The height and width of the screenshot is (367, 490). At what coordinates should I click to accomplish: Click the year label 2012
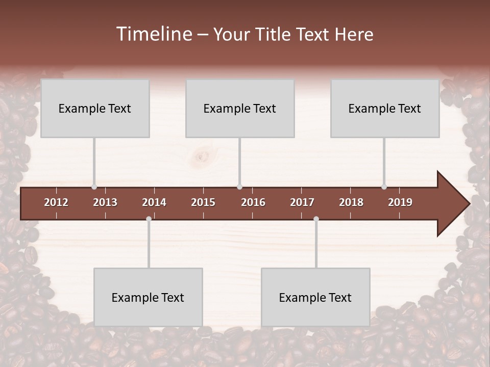(x=56, y=202)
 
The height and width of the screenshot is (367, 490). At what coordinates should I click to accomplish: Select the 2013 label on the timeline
(x=105, y=202)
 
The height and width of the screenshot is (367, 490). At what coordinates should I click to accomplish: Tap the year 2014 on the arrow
(x=154, y=202)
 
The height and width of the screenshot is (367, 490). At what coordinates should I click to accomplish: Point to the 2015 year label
(x=203, y=202)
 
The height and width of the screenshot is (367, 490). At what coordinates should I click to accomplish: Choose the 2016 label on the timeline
(x=253, y=202)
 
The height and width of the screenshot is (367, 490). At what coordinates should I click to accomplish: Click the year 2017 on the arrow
(x=302, y=202)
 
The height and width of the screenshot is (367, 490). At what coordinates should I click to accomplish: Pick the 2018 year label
(x=351, y=202)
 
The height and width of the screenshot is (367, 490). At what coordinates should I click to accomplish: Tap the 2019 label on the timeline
(x=400, y=202)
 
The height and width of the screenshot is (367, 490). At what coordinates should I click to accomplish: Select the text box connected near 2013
(x=95, y=109)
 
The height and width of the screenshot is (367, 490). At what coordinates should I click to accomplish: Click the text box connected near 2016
(x=240, y=109)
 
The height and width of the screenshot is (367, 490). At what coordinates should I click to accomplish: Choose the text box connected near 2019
(x=385, y=109)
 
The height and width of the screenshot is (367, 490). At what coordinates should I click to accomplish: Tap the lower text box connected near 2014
(x=148, y=298)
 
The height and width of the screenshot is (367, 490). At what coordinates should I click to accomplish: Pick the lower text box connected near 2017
(x=315, y=298)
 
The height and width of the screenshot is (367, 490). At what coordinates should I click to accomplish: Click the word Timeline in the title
(x=154, y=34)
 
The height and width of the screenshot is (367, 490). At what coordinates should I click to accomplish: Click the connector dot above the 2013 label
(x=94, y=187)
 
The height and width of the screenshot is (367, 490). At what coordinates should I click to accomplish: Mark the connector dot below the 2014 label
(x=149, y=219)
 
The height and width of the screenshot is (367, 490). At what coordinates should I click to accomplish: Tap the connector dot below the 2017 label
(x=316, y=219)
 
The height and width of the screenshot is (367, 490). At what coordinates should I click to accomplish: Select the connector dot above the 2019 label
(x=384, y=187)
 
